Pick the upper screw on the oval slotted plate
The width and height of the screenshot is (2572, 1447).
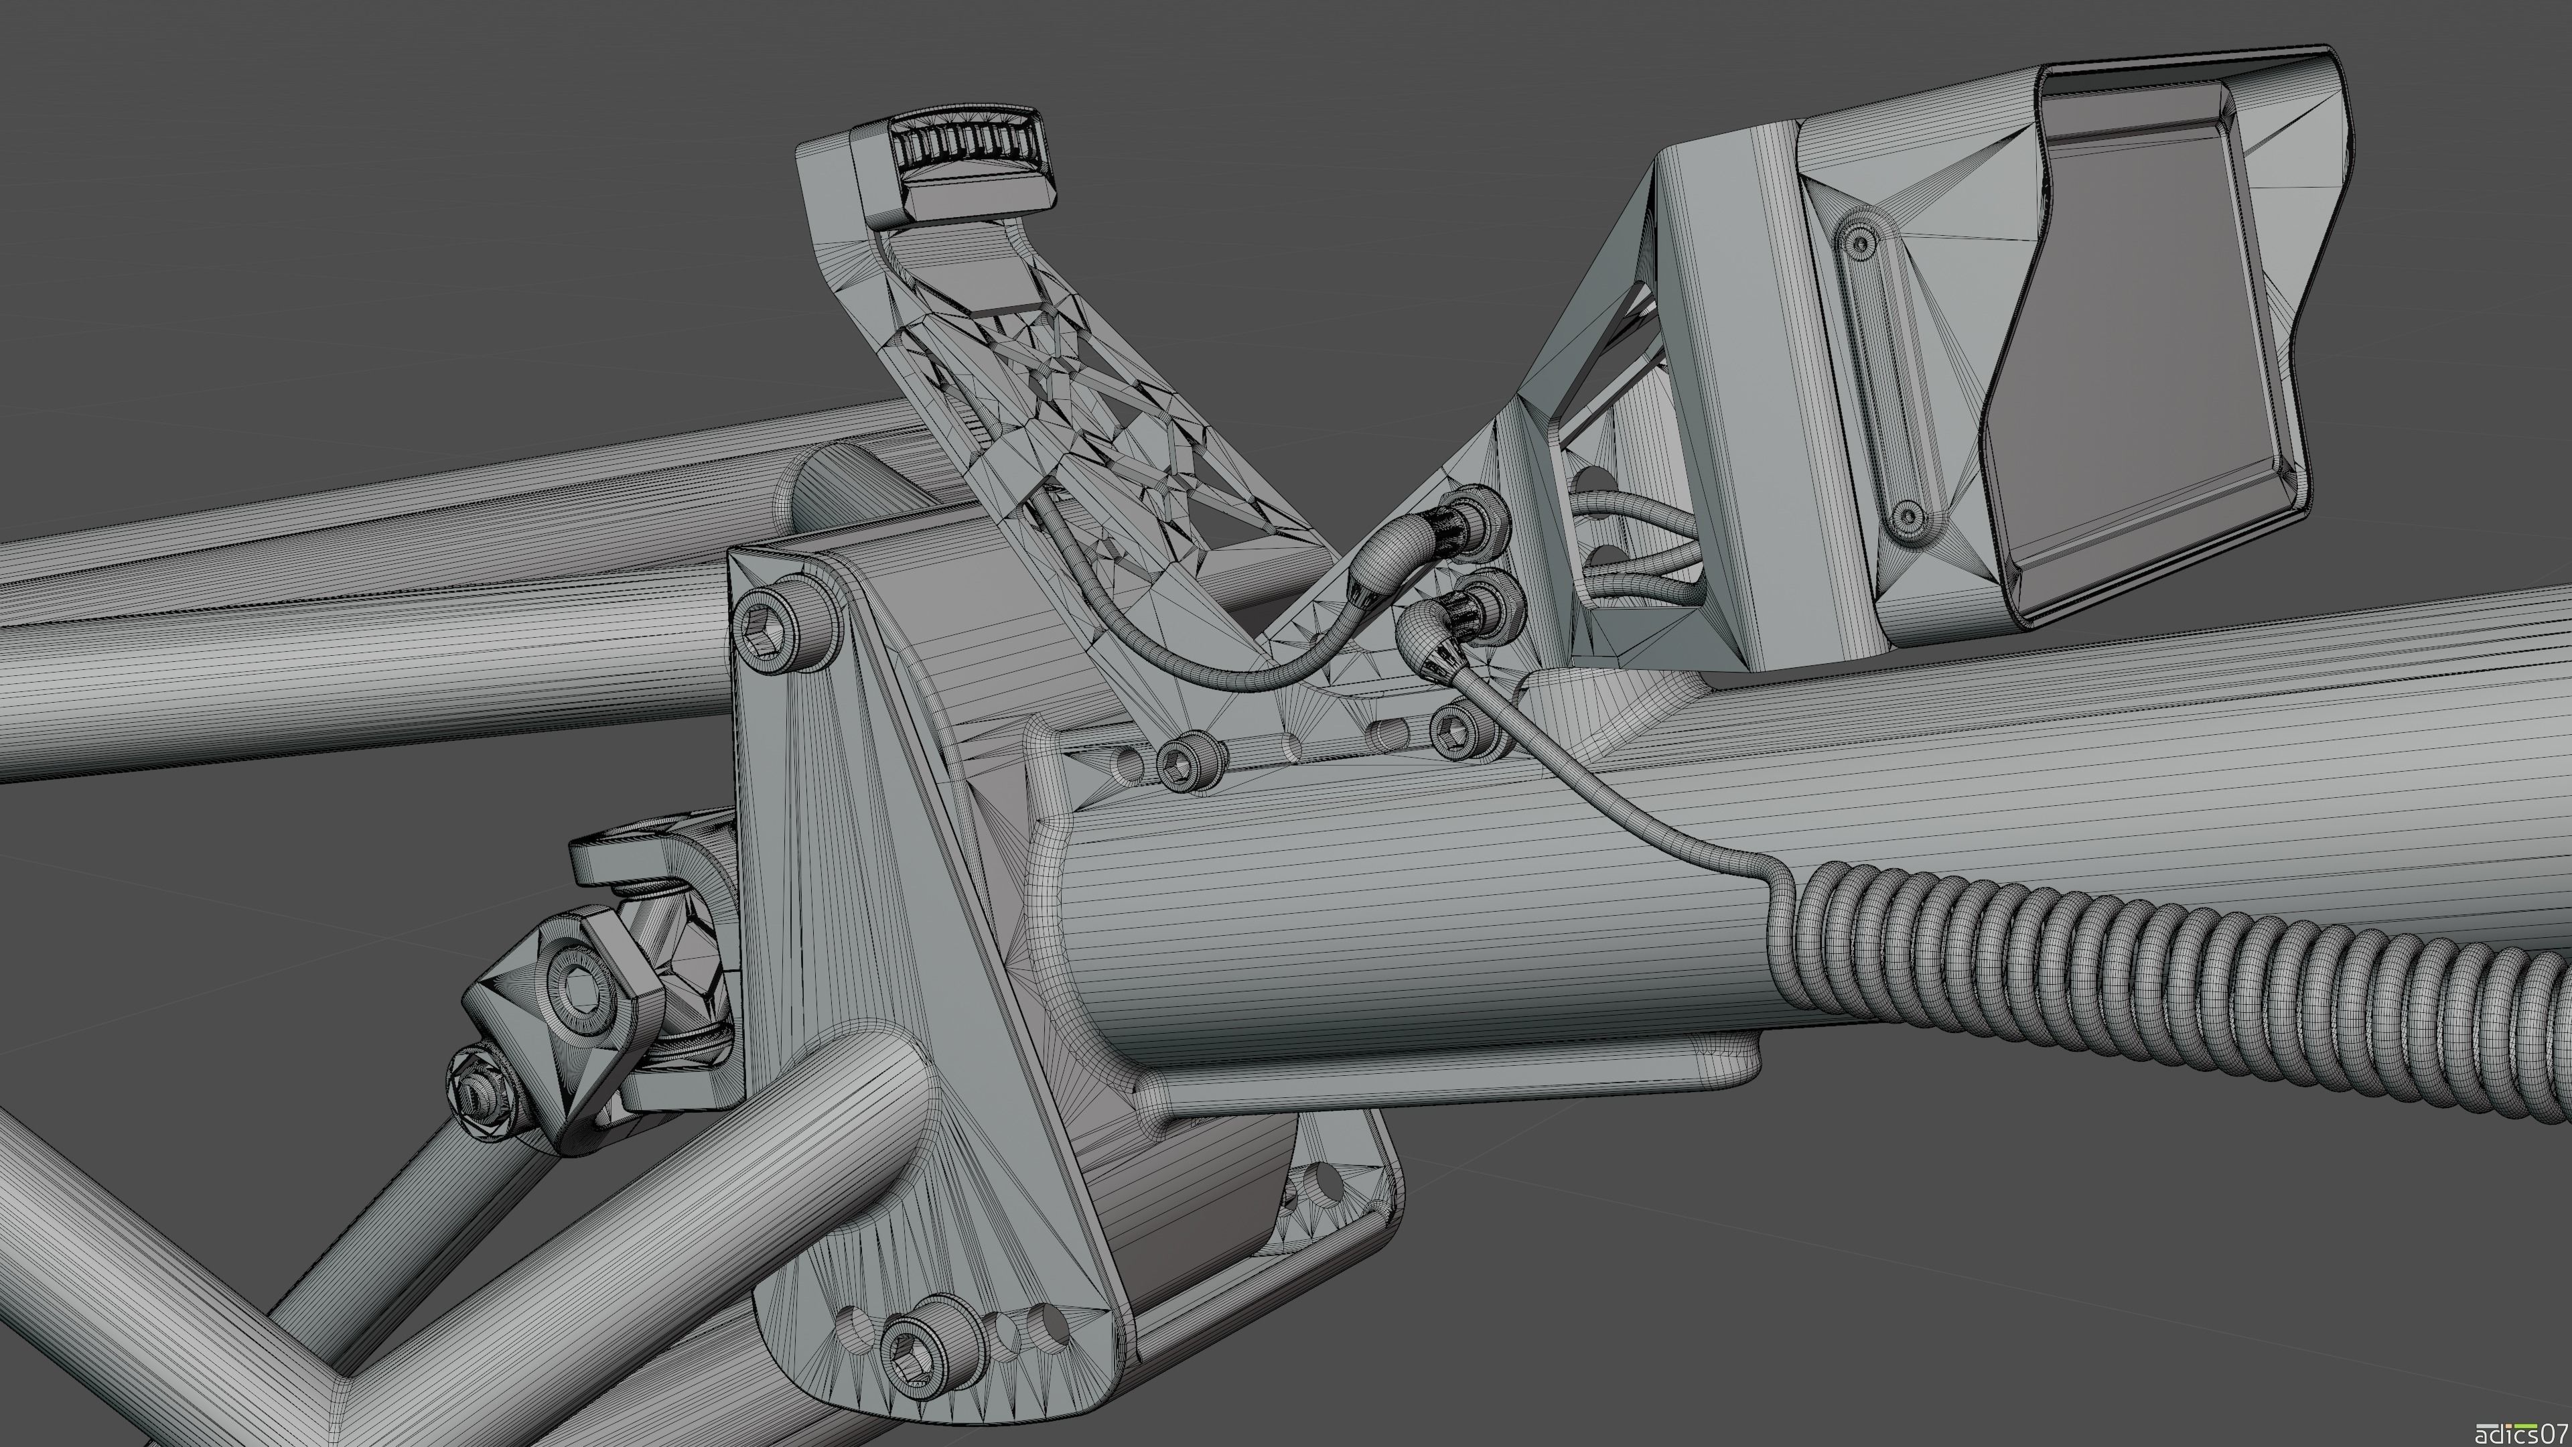click(x=1859, y=240)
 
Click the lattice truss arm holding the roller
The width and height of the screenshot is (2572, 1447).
click(x=1048, y=399)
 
